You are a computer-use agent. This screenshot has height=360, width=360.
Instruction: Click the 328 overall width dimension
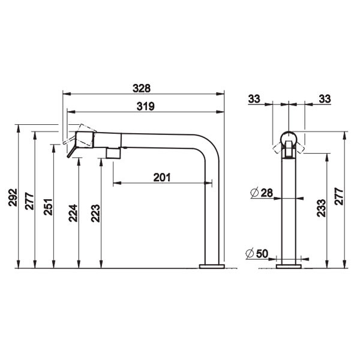click(143, 88)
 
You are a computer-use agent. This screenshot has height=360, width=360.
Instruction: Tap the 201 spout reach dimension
click(162, 177)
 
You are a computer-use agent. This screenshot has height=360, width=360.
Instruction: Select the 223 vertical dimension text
click(95, 213)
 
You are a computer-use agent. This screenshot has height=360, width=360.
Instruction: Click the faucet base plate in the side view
click(212, 265)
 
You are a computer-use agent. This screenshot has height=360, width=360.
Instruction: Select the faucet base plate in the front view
click(289, 265)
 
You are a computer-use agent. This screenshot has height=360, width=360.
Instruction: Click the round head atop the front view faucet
click(289, 137)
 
